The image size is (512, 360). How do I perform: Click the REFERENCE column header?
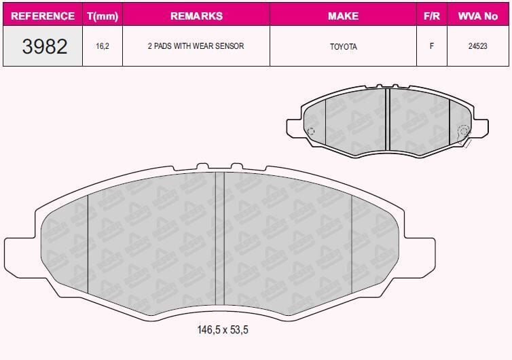(x=43, y=16)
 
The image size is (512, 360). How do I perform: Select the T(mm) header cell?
(x=103, y=16)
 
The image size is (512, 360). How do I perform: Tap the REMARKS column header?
(x=196, y=16)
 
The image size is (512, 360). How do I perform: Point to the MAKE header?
(x=343, y=16)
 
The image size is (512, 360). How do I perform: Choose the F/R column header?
(x=431, y=16)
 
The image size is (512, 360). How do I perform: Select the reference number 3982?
(x=45, y=47)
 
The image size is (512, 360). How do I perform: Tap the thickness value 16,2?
(x=103, y=47)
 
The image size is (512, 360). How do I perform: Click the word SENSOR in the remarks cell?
(x=229, y=47)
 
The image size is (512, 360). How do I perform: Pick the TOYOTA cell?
(x=343, y=47)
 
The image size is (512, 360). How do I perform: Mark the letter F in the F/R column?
(x=431, y=47)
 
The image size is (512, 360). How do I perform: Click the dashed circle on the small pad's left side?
(x=310, y=132)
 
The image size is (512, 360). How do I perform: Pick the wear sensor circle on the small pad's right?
(x=463, y=132)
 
